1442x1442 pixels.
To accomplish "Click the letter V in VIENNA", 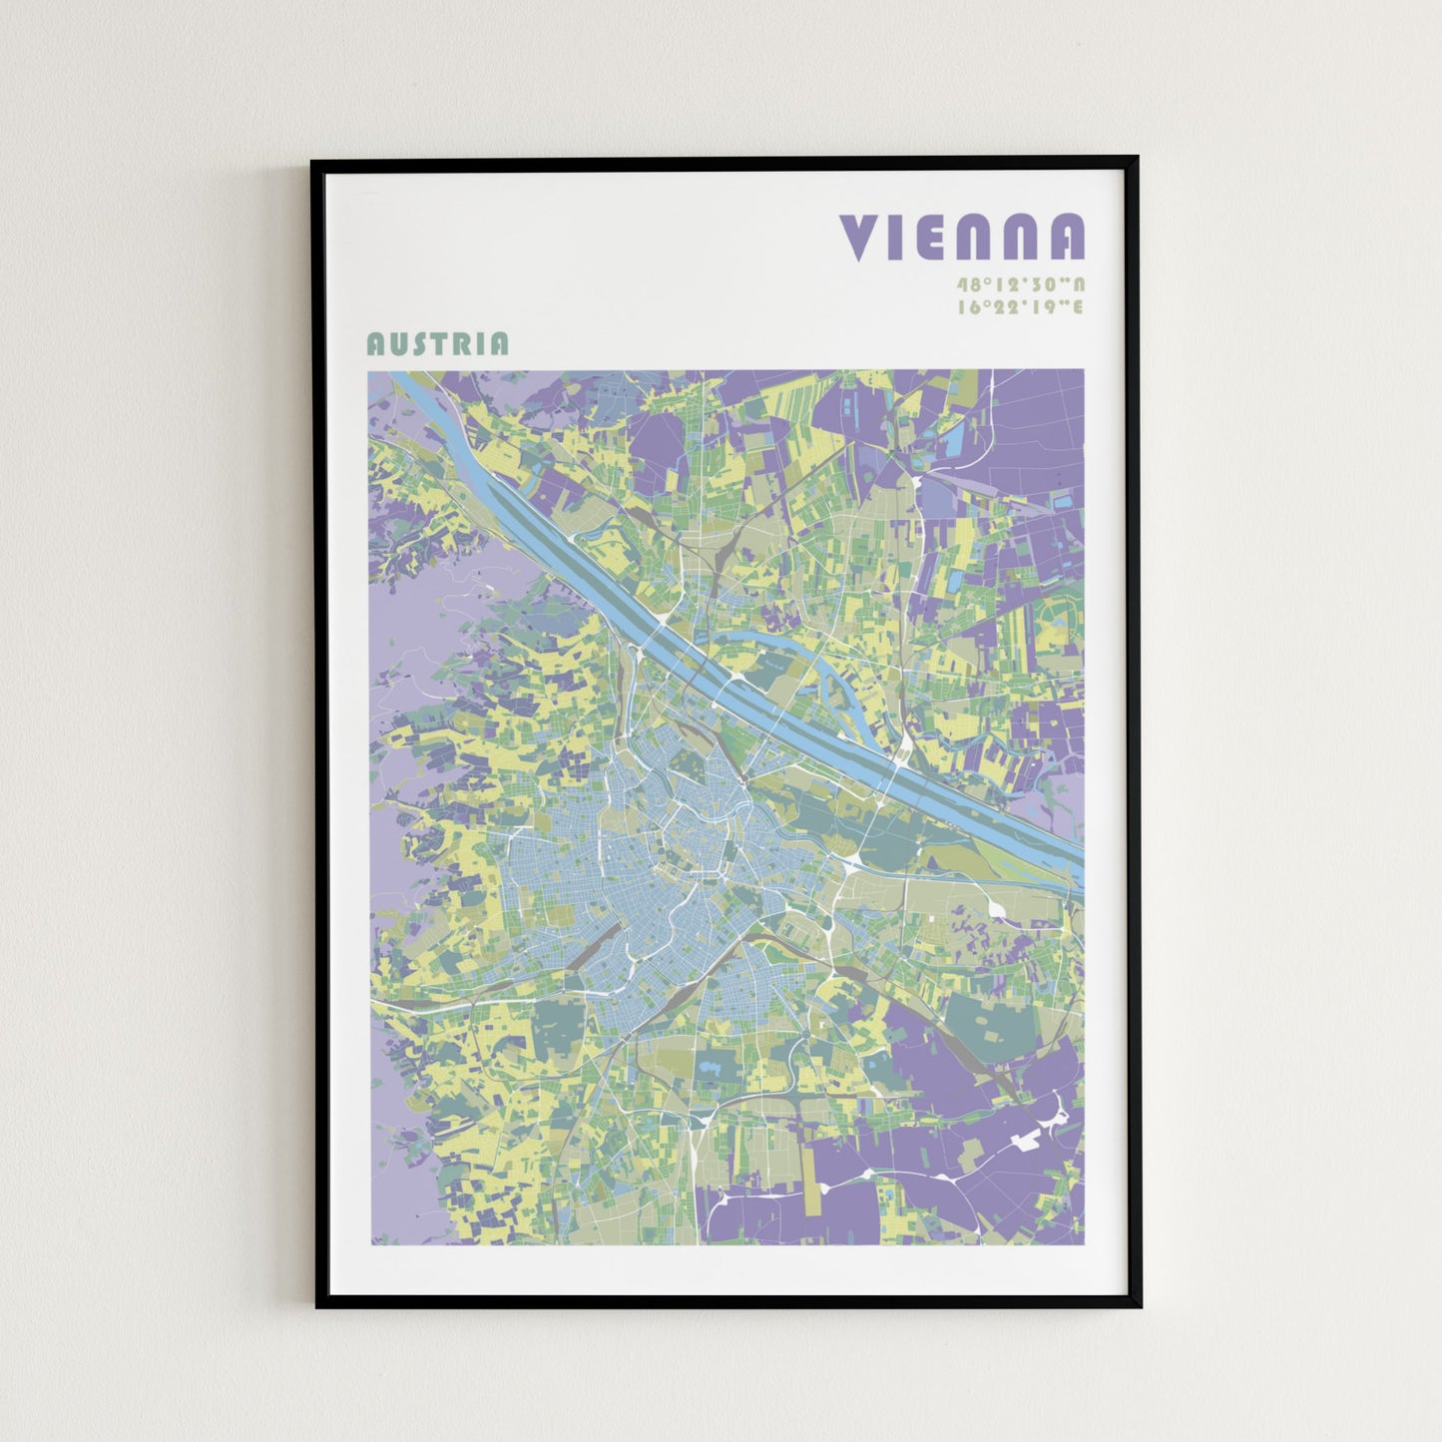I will [857, 238].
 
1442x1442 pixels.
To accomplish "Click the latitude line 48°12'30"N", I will [1020, 284].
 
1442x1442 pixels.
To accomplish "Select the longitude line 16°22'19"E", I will [1020, 307].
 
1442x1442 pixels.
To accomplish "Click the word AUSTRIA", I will [437, 344].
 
